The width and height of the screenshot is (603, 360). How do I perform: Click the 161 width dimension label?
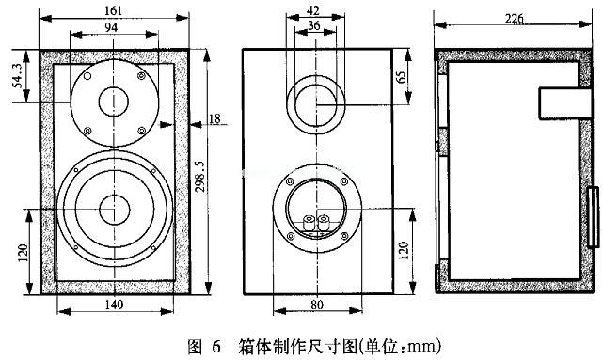[113, 10]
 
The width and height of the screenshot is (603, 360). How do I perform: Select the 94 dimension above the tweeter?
[111, 27]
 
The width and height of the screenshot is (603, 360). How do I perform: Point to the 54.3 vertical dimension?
[18, 75]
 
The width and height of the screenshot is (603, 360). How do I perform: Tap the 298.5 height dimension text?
[200, 176]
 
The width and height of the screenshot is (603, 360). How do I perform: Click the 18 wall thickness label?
[214, 118]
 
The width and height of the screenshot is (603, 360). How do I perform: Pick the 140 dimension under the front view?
[114, 305]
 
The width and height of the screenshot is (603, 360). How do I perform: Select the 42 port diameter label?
[313, 10]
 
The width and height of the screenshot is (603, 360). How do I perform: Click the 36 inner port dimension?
[314, 25]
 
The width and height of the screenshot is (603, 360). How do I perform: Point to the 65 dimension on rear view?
[401, 77]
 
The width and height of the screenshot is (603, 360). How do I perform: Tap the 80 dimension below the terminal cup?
[317, 305]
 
